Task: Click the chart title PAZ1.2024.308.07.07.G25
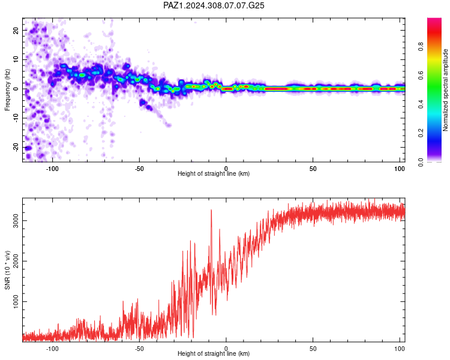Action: point(214,5)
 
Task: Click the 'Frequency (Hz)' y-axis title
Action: point(7,89)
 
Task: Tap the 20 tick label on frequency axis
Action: point(16,30)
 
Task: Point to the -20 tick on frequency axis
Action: point(16,147)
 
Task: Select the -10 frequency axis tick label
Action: point(16,118)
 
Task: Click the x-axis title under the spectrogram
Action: point(214,173)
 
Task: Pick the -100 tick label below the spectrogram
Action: point(52,169)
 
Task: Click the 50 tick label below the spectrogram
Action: point(313,169)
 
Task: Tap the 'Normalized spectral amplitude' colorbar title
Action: point(445,90)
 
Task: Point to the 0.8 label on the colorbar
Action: point(421,47)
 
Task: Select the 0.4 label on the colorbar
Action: point(421,104)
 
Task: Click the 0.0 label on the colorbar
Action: point(421,162)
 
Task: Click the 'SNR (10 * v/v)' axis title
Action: point(7,270)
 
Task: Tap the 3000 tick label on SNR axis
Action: point(16,220)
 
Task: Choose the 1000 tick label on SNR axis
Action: point(16,301)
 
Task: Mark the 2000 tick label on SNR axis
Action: point(16,261)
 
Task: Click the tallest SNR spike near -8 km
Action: point(211,210)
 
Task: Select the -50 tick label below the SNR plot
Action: point(139,349)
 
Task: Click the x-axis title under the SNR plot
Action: point(214,353)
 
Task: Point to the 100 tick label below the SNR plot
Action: point(400,349)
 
